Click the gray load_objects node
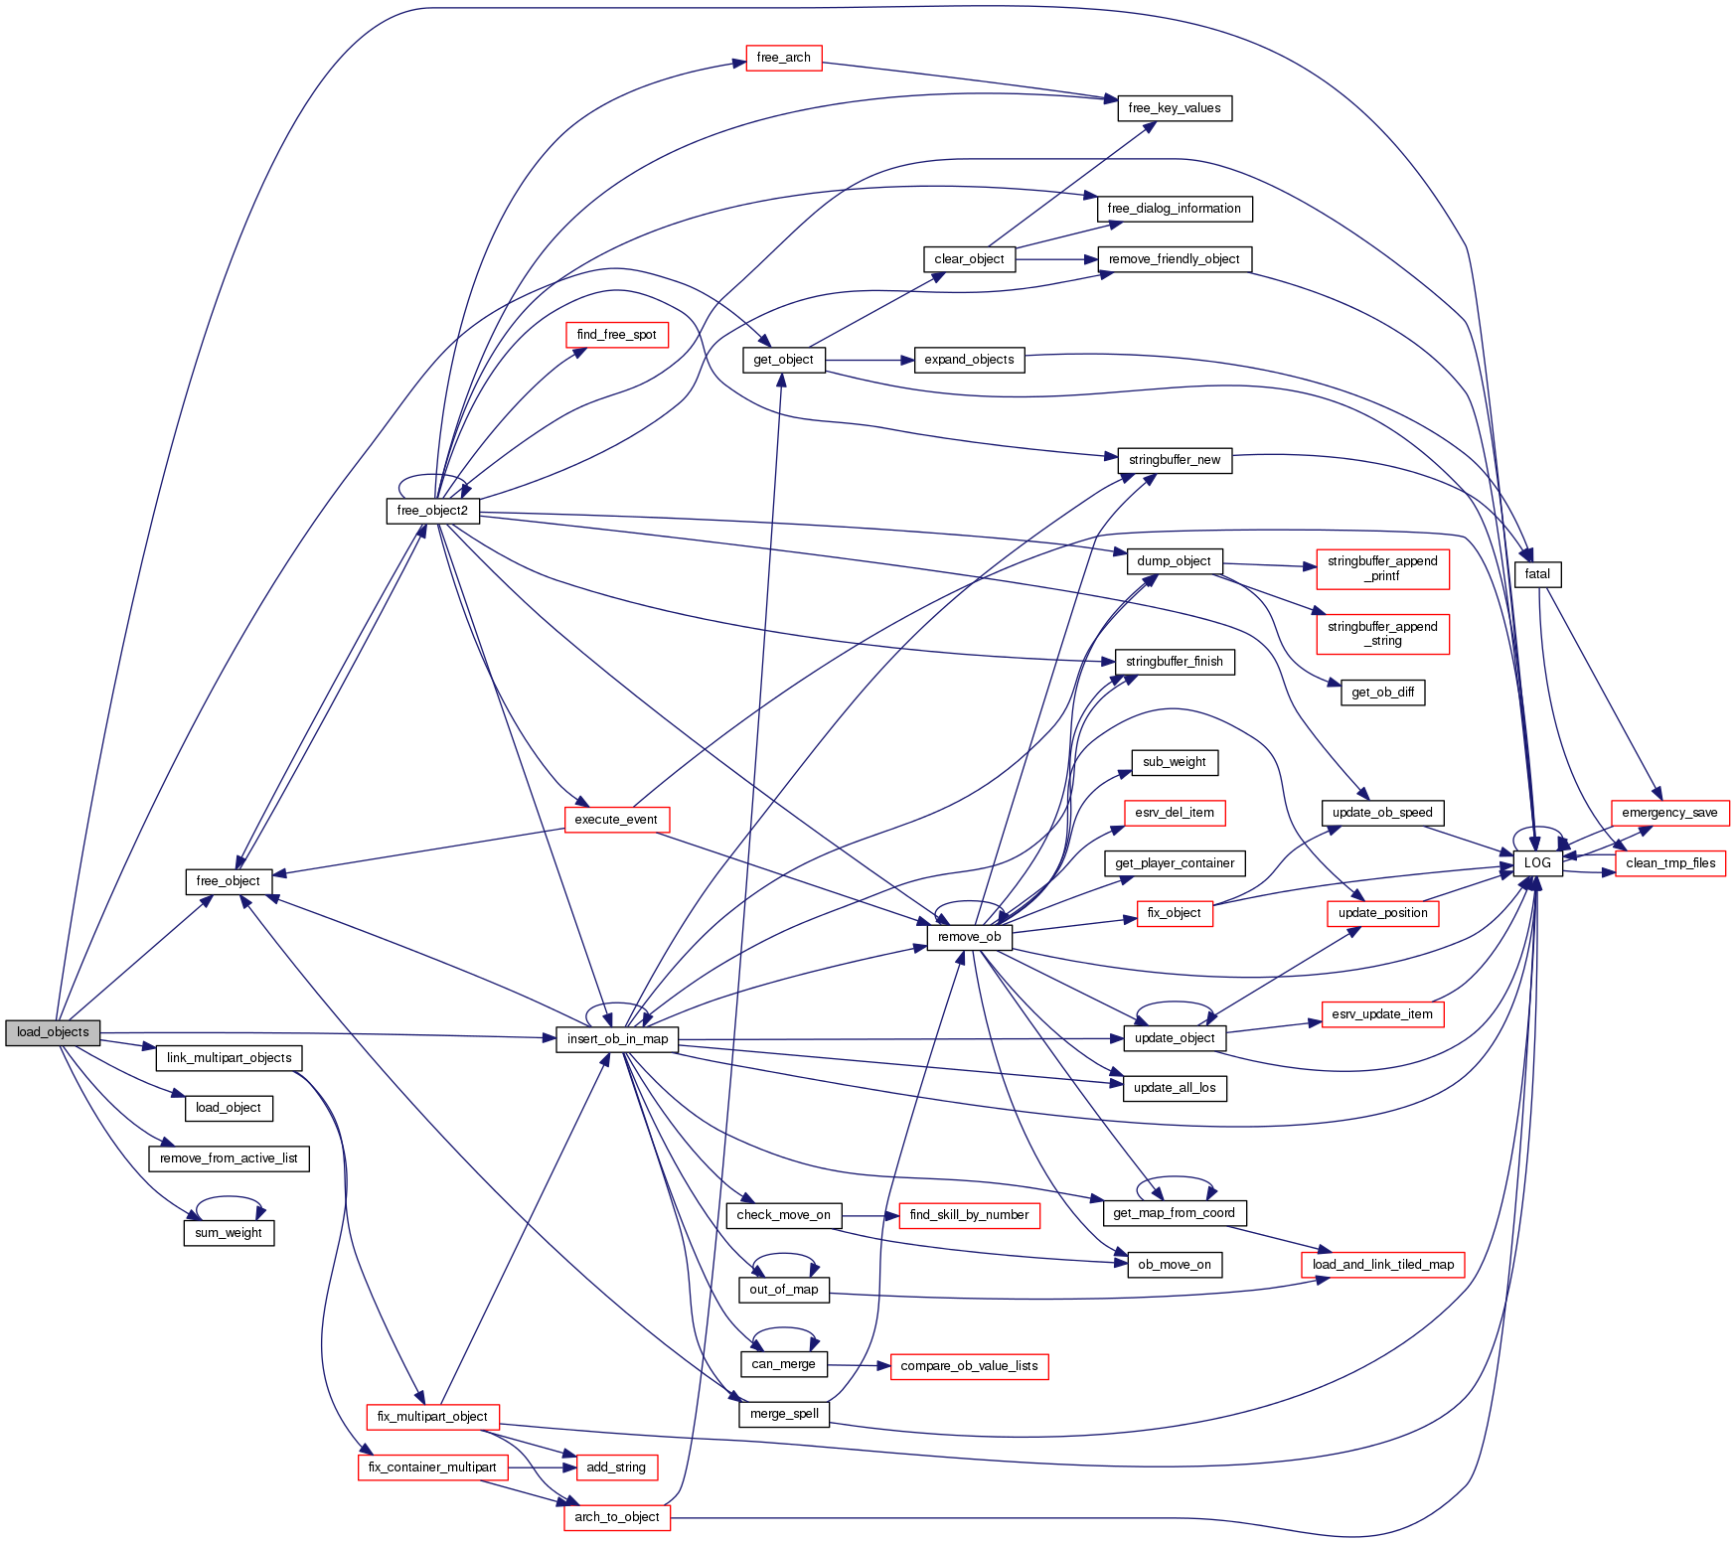(53, 1032)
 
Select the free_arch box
(783, 58)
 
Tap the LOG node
(1537, 862)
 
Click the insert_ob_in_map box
(617, 1039)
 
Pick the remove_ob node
(969, 937)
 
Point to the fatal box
(1537, 574)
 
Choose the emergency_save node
(1669, 813)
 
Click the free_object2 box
(432, 511)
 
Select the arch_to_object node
(617, 1517)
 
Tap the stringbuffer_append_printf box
(1382, 568)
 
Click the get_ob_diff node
(1382, 693)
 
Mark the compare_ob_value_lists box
(969, 1366)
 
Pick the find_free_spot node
(616, 335)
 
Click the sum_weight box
(229, 1233)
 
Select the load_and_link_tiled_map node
(1382, 1265)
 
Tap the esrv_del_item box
(1175, 813)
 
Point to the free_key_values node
(1175, 108)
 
